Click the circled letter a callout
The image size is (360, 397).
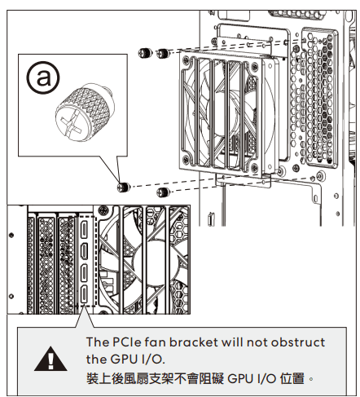[x=43, y=77]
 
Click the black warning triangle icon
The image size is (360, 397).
[x=50, y=359]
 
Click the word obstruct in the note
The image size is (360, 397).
[x=298, y=342]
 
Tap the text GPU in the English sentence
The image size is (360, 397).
[x=124, y=360]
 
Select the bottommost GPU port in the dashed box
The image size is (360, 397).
[x=85, y=294]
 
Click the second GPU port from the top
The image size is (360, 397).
[x=85, y=251]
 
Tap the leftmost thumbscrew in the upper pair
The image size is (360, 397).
[x=145, y=53]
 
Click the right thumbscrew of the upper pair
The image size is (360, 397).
[x=163, y=53]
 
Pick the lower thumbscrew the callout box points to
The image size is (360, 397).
[x=124, y=187]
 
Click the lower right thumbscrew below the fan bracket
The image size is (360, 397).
[x=164, y=192]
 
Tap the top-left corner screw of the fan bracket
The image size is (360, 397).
[x=186, y=60]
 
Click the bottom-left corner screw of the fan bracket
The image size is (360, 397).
[x=186, y=160]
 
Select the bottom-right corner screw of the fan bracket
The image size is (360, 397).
[x=254, y=167]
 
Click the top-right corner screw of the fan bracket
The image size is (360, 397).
[x=254, y=66]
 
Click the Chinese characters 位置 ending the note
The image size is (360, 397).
[x=292, y=378]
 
